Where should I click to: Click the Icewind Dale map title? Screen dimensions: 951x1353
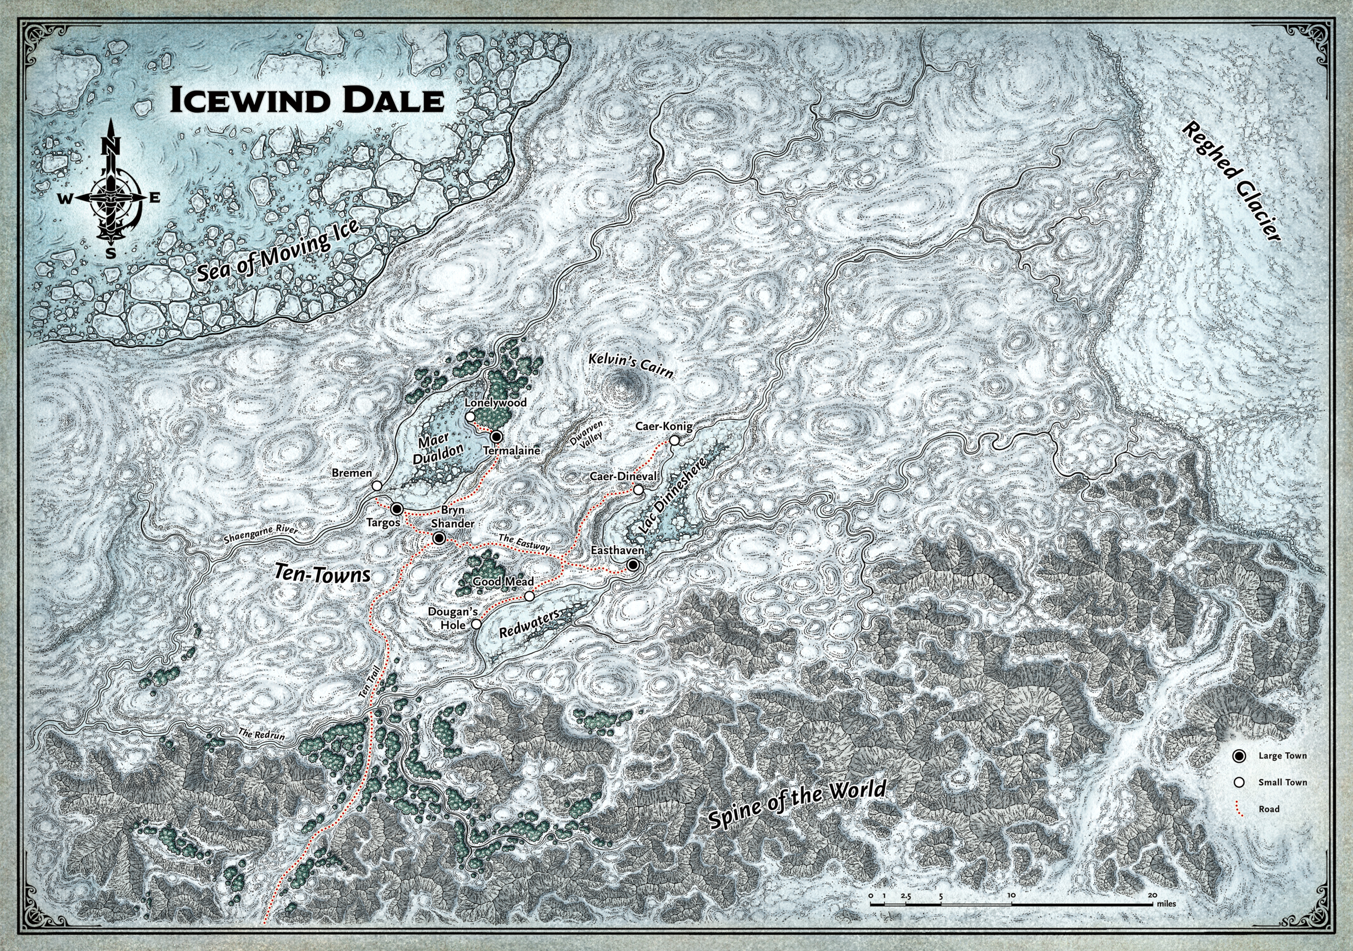tap(306, 100)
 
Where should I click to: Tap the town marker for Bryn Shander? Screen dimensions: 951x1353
tap(438, 538)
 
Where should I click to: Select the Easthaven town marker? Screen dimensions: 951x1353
tap(632, 565)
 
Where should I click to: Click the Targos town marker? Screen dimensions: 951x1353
tap(397, 508)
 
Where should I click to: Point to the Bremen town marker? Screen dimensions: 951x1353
tap(377, 486)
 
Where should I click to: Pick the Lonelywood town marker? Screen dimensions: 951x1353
tap(470, 417)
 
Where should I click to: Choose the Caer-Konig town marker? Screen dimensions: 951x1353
tap(674, 441)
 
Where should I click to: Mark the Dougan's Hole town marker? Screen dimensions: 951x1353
tap(476, 624)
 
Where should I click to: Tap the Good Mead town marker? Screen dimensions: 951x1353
tap(529, 596)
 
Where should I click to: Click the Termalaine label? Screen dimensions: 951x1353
tap(511, 450)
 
